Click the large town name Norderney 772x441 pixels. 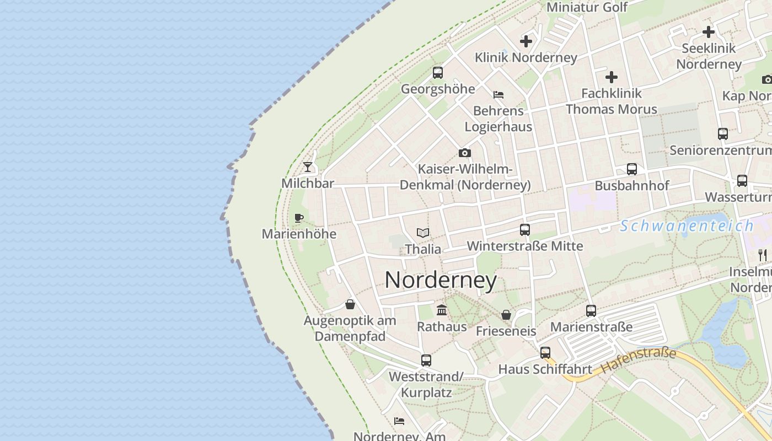[x=441, y=280]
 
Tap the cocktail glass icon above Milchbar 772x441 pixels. [x=308, y=166]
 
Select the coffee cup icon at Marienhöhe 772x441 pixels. [x=299, y=218]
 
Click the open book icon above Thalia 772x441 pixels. [x=423, y=233]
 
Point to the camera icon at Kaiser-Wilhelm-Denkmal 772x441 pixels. [x=465, y=153]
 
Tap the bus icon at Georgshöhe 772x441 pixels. [x=438, y=72]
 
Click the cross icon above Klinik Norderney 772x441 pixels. [x=526, y=41]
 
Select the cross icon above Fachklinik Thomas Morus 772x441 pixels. [x=612, y=77]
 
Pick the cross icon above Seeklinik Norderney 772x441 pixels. [x=709, y=32]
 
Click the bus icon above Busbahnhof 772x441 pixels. [x=632, y=169]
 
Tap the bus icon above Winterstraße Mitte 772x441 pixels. [x=525, y=230]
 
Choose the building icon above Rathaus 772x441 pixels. [x=442, y=310]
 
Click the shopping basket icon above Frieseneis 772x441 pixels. [x=506, y=315]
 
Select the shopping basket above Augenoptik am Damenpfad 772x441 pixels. [x=350, y=304]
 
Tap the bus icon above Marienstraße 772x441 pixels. [x=591, y=311]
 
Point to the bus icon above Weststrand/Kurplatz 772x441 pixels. [x=426, y=361]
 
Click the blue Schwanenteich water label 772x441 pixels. [x=687, y=225]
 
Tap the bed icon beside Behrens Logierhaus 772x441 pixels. [x=498, y=95]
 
